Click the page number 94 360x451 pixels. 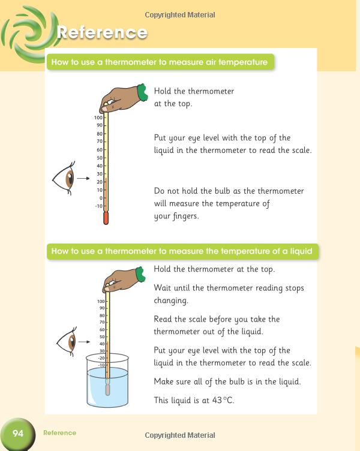[18, 433]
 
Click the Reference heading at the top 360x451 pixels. [101, 32]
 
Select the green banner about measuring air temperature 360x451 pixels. [160, 62]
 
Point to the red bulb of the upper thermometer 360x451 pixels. [106, 218]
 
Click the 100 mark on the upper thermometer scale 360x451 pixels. [98, 118]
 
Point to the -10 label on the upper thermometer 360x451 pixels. [98, 206]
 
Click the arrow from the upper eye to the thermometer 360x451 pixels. [83, 178]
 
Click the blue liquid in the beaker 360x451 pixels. [108, 387]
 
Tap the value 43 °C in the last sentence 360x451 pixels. [222, 401]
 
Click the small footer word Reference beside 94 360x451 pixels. [59, 433]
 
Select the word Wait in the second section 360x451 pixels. [164, 288]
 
